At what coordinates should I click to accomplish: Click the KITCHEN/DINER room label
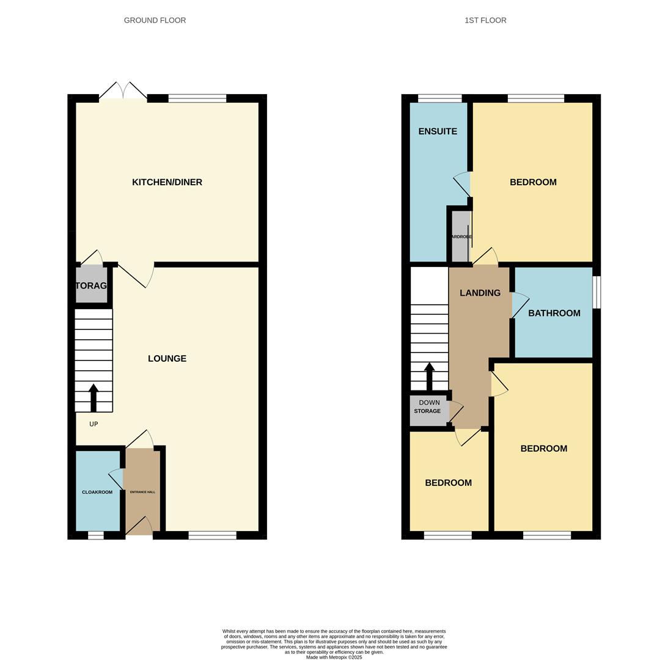coord(167,182)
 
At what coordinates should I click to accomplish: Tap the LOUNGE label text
coord(167,359)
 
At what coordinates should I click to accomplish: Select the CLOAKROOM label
coord(97,492)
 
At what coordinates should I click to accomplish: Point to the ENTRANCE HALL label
coord(142,492)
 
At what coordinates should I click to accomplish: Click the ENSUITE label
coord(438,131)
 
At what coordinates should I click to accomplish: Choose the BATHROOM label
coord(554,313)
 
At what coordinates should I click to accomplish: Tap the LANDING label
coord(480,293)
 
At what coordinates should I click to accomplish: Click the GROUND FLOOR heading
coord(155,20)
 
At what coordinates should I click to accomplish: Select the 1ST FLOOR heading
coord(485,20)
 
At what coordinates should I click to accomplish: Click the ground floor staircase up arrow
coord(94,397)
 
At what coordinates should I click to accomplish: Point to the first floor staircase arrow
coord(430,376)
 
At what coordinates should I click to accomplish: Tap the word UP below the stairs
coord(94,424)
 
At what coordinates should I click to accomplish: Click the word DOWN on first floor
coord(429,403)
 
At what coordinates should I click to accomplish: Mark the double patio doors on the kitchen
coord(123,91)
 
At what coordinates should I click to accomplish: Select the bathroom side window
coord(597,292)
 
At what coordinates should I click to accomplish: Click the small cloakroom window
coord(96,535)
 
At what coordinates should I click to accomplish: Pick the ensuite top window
coord(439,98)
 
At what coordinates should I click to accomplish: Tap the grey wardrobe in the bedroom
coord(460,237)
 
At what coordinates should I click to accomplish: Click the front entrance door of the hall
coord(139,527)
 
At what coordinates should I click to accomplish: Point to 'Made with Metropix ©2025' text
coord(334,658)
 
